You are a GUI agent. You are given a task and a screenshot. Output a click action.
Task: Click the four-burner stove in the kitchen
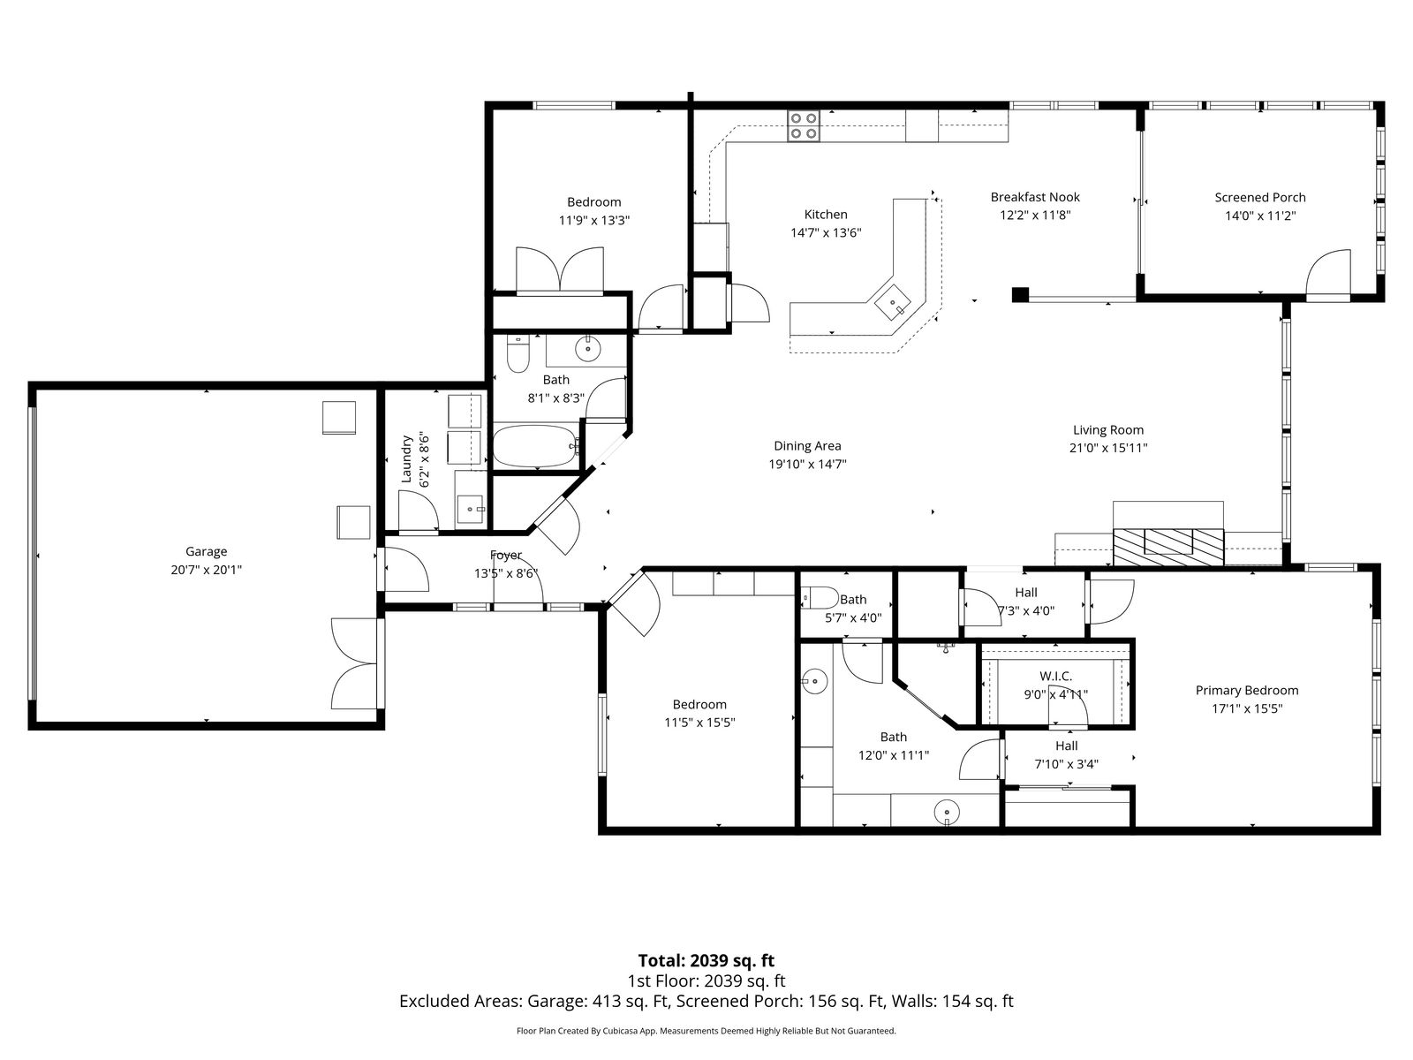(804, 126)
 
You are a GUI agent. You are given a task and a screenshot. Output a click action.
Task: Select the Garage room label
(206, 551)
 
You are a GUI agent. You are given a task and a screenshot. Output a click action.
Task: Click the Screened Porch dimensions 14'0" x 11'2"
(1260, 216)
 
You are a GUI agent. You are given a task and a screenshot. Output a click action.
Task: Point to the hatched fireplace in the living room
(1168, 547)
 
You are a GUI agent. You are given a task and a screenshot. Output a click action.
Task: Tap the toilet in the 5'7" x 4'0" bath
(820, 598)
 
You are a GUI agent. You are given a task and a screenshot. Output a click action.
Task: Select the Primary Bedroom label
(1247, 691)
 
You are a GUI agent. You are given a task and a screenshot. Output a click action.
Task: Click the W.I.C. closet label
(1055, 677)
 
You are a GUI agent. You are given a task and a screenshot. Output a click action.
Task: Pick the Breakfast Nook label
(1035, 197)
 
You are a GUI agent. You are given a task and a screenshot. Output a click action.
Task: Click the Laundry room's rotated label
(406, 458)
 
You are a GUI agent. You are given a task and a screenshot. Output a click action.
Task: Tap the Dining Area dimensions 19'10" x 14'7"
(807, 464)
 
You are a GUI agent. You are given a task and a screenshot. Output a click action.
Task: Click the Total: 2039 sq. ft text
(706, 961)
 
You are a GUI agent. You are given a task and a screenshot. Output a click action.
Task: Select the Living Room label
(1107, 430)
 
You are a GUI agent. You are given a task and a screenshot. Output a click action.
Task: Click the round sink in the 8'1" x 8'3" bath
(588, 349)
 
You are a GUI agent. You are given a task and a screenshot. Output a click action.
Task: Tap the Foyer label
(506, 555)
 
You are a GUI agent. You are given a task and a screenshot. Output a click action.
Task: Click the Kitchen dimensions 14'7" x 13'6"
(826, 232)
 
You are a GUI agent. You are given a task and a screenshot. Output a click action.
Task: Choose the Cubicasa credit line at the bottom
(706, 1031)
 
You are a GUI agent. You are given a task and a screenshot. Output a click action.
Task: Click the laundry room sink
(472, 509)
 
